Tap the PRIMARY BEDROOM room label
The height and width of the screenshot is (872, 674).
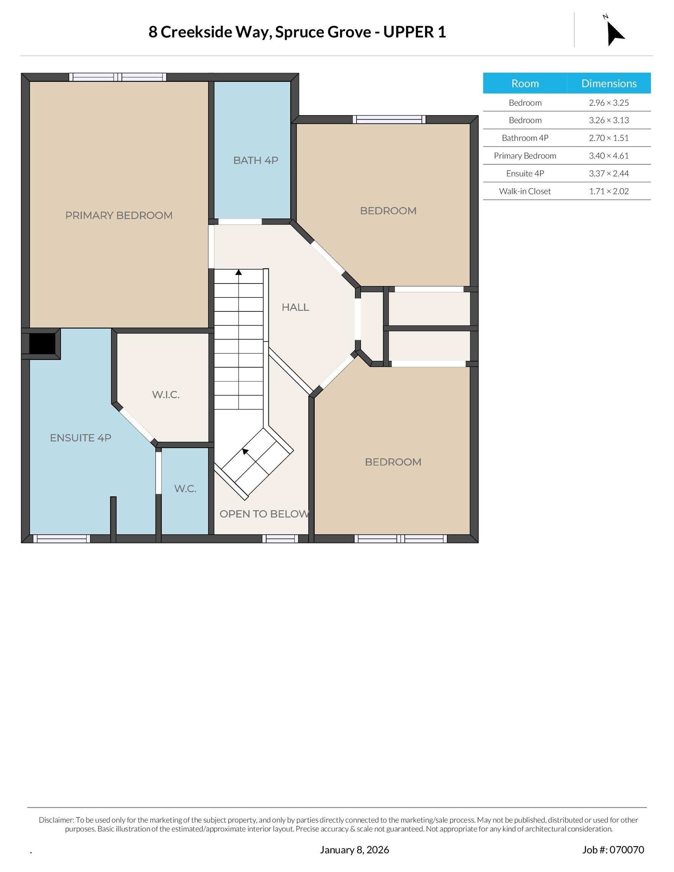point(119,215)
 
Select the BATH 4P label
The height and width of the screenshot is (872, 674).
point(256,160)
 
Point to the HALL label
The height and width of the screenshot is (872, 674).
point(295,307)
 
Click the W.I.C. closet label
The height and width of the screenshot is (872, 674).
point(166,394)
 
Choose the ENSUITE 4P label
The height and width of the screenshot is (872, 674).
point(81,438)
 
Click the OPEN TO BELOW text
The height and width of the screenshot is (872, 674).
point(264,514)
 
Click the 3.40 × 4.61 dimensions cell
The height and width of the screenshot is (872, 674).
point(608,156)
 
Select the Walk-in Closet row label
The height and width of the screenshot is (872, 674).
point(524,191)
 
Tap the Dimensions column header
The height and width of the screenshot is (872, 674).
point(609,83)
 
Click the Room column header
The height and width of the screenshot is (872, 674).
point(525,83)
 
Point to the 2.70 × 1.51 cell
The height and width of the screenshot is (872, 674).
point(608,138)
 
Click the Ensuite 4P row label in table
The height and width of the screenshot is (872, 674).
point(525,173)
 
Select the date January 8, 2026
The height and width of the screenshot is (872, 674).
point(354,850)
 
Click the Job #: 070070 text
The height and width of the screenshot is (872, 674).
point(613,850)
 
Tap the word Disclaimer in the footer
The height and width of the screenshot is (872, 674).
point(56,820)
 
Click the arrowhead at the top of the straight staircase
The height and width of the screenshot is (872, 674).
point(239,272)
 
